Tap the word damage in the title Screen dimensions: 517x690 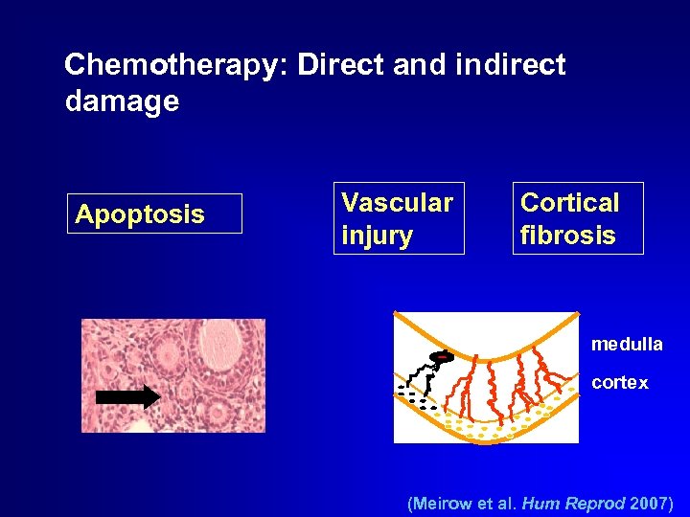(122, 101)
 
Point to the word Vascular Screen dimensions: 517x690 (397, 203)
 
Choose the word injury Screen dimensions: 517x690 (377, 236)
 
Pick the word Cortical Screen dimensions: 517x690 (569, 203)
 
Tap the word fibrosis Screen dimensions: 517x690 (567, 236)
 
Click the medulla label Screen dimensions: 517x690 (626, 344)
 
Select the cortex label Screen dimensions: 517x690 (619, 383)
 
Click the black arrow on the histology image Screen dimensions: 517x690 (128, 395)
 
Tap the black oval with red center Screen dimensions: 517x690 (442, 358)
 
